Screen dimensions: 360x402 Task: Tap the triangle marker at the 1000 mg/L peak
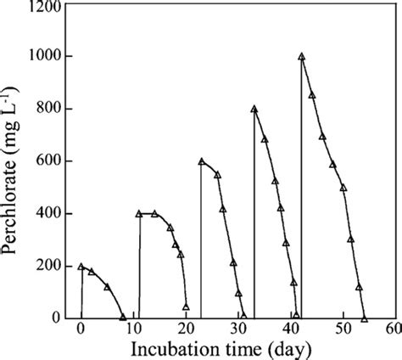[301, 57]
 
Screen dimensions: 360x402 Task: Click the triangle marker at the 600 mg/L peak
[202, 161]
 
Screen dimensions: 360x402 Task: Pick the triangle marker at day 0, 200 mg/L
[81, 266]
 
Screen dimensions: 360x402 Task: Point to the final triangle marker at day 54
[364, 318]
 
